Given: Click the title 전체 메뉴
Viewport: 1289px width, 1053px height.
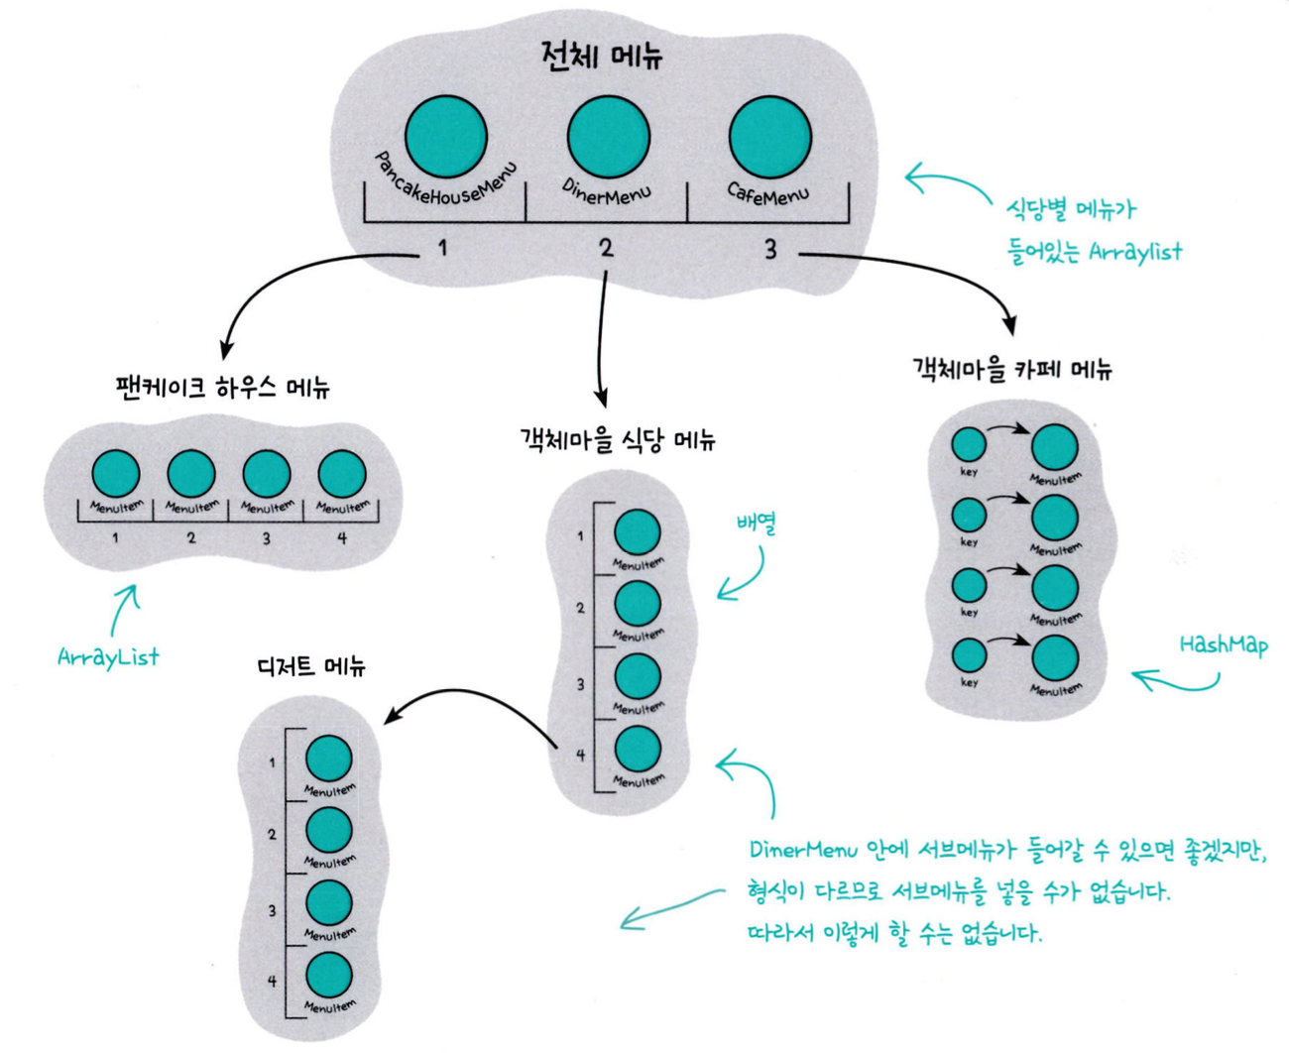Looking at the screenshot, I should [x=602, y=56].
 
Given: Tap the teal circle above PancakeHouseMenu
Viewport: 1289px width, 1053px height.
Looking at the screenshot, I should [x=446, y=137].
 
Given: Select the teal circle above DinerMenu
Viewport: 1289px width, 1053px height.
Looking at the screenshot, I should [x=608, y=137].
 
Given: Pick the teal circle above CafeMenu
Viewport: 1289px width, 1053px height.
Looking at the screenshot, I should [x=769, y=137].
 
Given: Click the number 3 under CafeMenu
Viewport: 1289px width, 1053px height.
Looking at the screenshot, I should [x=770, y=250].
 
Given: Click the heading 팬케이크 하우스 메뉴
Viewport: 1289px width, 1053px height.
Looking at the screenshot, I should [x=222, y=388].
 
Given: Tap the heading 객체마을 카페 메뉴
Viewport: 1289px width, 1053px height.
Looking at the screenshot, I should [x=1011, y=370].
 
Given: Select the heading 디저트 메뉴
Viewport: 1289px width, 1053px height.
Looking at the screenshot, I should [x=311, y=665].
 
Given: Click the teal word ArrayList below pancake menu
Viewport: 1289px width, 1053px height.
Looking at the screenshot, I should [x=108, y=656].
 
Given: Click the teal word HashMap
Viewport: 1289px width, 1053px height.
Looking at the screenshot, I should [x=1223, y=644].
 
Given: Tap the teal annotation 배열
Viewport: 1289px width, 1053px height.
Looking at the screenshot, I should [x=756, y=524].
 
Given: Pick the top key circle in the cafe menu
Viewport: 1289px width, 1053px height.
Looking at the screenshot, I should [x=969, y=446].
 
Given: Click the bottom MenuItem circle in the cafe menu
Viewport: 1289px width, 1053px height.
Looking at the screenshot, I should [x=1054, y=659].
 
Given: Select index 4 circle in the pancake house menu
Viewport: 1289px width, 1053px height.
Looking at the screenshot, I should [x=342, y=475].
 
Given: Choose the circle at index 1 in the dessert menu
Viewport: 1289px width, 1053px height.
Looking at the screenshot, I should [x=328, y=760].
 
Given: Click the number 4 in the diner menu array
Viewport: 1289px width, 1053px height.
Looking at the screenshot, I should [x=580, y=755].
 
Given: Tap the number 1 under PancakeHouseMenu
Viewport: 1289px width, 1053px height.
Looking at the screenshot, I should [x=443, y=248].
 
